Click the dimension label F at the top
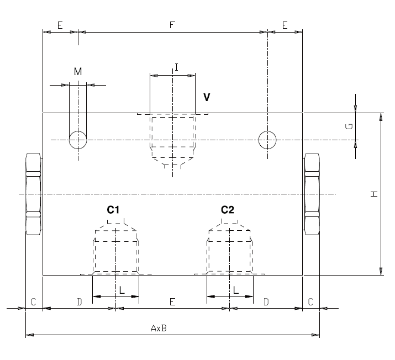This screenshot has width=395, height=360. click(172, 25)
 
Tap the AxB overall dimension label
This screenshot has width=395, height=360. click(159, 328)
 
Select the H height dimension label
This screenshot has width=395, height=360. click(373, 194)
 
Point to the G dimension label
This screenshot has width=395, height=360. click(349, 126)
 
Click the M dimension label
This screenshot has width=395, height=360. click(78, 71)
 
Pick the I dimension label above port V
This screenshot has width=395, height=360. click(176, 67)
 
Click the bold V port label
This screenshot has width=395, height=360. click(207, 97)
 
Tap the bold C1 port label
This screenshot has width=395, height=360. click(113, 209)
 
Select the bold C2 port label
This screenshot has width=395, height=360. click(228, 209)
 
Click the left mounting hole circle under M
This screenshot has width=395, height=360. click(78, 140)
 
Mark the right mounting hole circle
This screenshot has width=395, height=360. click(268, 140)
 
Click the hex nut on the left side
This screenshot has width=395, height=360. click(34, 194)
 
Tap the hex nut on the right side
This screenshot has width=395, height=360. click(312, 194)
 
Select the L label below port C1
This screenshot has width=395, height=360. click(122, 289)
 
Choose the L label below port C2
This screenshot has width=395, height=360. click(235, 289)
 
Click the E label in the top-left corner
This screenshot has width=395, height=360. click(60, 25)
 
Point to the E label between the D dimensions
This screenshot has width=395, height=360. click(172, 302)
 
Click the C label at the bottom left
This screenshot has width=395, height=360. click(34, 302)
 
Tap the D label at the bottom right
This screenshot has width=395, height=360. click(266, 302)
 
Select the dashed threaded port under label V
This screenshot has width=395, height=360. click(172, 138)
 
